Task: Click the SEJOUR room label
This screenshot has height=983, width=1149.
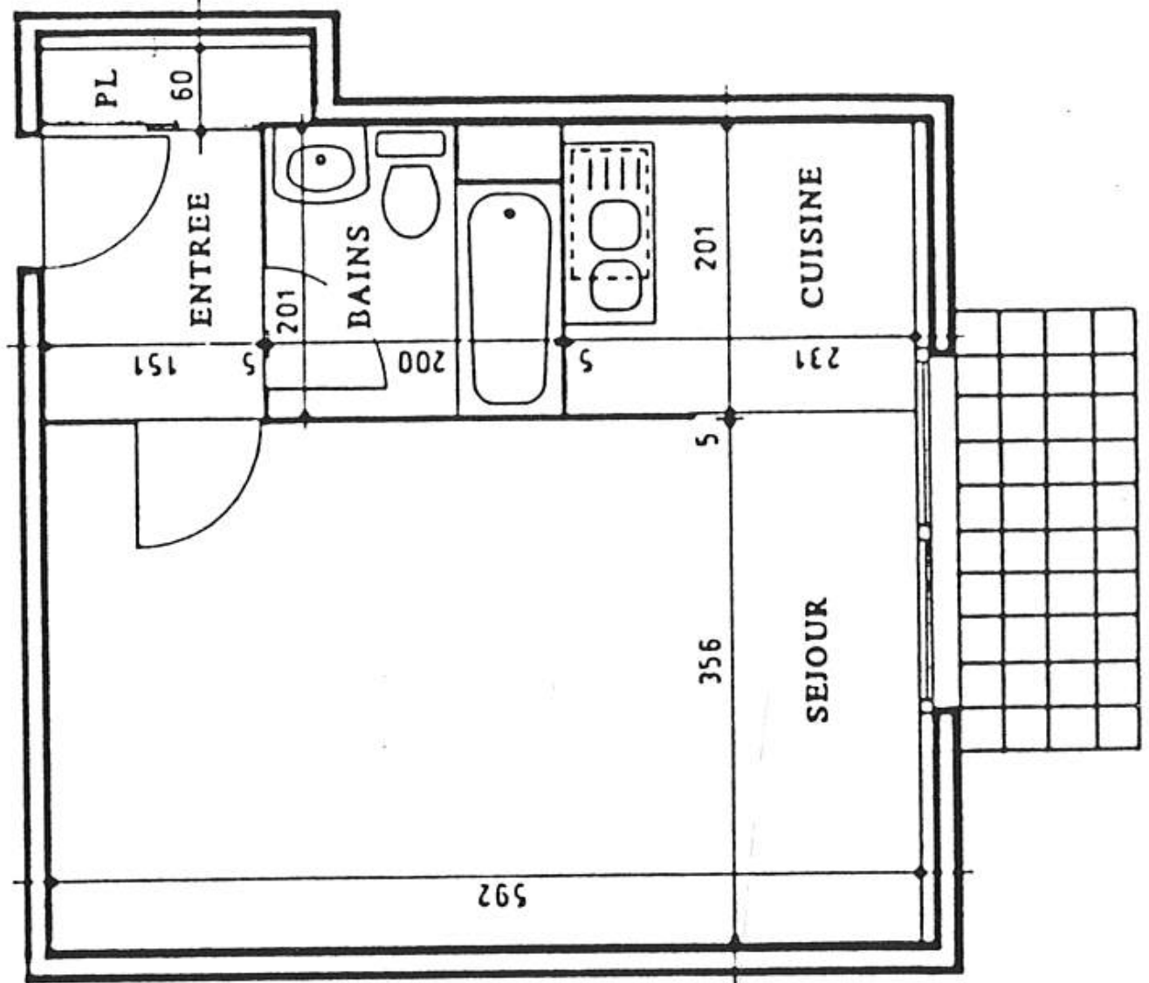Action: [816, 660]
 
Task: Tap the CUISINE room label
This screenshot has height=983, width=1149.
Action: [811, 237]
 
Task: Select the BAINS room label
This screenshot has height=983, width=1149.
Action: [358, 276]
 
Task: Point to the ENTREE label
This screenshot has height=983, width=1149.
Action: [201, 259]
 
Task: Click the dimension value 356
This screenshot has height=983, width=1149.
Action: [710, 661]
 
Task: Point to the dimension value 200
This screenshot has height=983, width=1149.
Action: [422, 363]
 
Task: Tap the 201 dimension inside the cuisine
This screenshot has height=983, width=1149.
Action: [705, 247]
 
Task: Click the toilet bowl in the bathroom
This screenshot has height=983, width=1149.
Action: [411, 201]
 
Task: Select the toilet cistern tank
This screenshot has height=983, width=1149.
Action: [410, 144]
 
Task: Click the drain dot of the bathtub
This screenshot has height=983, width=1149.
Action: [510, 213]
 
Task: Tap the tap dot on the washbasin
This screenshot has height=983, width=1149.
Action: [320, 160]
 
